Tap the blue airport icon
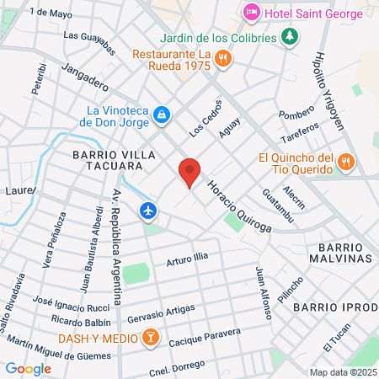point(149,210)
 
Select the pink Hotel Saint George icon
point(251,12)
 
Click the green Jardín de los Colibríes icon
point(290,35)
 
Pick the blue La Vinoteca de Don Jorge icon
point(163,115)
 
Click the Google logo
point(28,368)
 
